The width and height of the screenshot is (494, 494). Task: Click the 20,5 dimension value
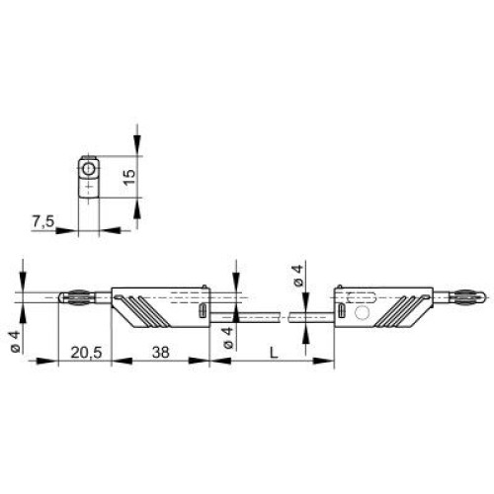click(86, 353)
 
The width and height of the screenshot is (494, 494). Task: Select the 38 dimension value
click(161, 353)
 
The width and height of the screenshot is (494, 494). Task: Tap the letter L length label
click(274, 353)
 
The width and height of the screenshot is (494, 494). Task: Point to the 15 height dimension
click(129, 177)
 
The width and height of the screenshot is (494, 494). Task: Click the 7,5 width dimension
click(43, 221)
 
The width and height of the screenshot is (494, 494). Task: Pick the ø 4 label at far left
click(15, 342)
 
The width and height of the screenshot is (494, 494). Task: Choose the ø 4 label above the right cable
click(297, 276)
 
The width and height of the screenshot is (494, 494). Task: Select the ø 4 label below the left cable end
click(227, 338)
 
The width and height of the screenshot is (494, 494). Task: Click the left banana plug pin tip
click(60, 297)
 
